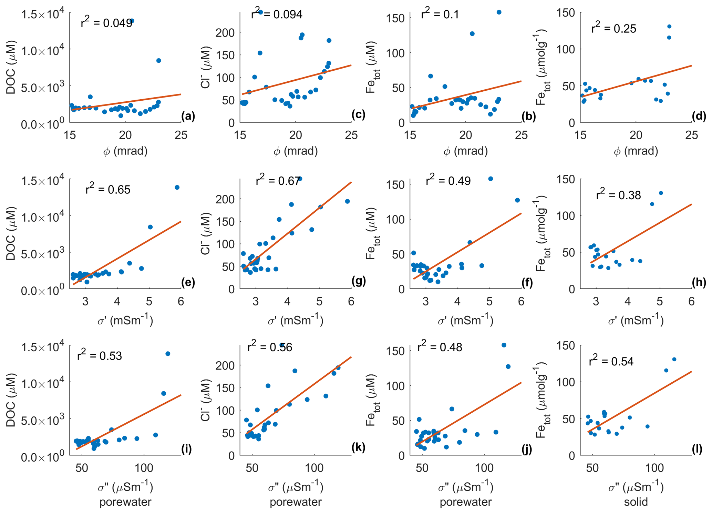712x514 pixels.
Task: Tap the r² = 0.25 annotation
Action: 613,28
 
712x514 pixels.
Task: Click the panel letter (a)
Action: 188,116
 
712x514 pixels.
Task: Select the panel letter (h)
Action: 699,282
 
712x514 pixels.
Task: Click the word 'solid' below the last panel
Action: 636,502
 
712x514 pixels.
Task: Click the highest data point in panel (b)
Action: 499,12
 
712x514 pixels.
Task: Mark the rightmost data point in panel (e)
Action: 177,188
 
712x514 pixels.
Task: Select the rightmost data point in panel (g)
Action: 347,201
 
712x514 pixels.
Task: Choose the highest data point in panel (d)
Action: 669,27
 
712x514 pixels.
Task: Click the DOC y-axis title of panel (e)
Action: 11,233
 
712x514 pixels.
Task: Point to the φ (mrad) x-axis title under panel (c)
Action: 296,151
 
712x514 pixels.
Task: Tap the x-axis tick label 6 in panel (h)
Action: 691,301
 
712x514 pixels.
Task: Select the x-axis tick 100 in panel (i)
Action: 144,468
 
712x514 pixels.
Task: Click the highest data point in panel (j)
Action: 504,345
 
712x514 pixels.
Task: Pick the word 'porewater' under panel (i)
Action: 125,502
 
